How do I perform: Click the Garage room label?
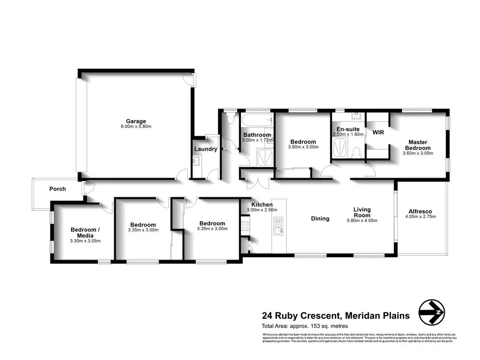(136, 121)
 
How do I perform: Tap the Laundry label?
(206, 149)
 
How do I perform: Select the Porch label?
(58, 189)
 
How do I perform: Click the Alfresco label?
(420, 211)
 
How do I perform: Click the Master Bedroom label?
(418, 145)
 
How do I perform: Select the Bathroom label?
(257, 135)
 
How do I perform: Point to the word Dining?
(320, 218)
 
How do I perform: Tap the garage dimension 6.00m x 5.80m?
(136, 127)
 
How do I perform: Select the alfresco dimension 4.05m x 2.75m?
(420, 217)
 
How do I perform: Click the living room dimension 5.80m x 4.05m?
(362, 221)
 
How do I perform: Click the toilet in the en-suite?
(356, 152)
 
